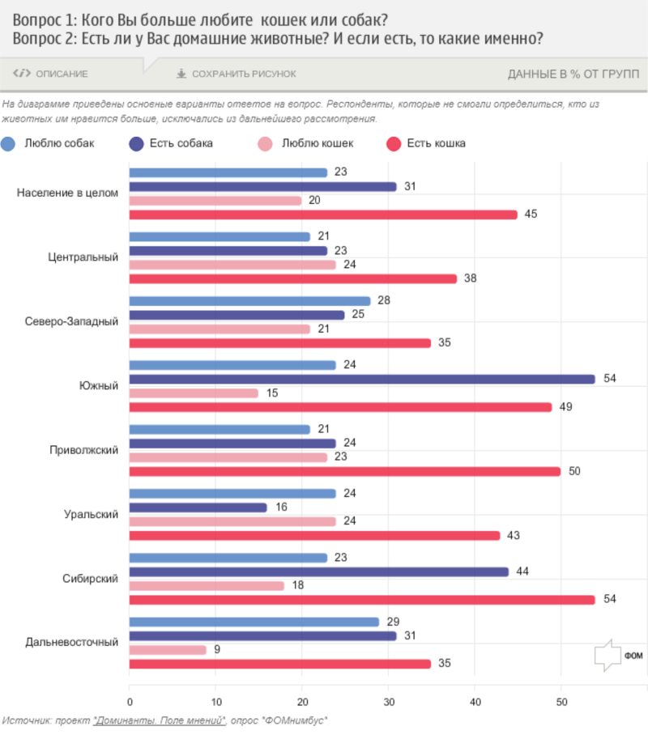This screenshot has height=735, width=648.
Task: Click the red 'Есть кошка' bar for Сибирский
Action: tap(362, 600)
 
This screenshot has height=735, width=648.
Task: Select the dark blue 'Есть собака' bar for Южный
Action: tap(362, 379)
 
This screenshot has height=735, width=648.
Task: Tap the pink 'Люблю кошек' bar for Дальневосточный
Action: tap(168, 650)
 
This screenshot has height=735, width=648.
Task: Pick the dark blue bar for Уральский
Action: tap(198, 508)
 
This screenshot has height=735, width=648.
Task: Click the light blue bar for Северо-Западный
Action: tap(250, 301)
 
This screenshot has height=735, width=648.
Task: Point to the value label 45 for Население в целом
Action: tap(531, 215)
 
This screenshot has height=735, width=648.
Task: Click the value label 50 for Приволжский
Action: tap(574, 471)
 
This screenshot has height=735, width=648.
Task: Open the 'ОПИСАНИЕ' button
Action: tap(51, 74)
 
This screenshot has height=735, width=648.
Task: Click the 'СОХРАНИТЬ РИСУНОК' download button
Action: tap(237, 74)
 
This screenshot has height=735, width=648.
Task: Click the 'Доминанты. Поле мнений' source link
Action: tap(158, 720)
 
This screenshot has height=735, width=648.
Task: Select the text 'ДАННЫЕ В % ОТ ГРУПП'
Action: tap(573, 74)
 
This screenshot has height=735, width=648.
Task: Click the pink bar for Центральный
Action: tap(232, 265)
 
